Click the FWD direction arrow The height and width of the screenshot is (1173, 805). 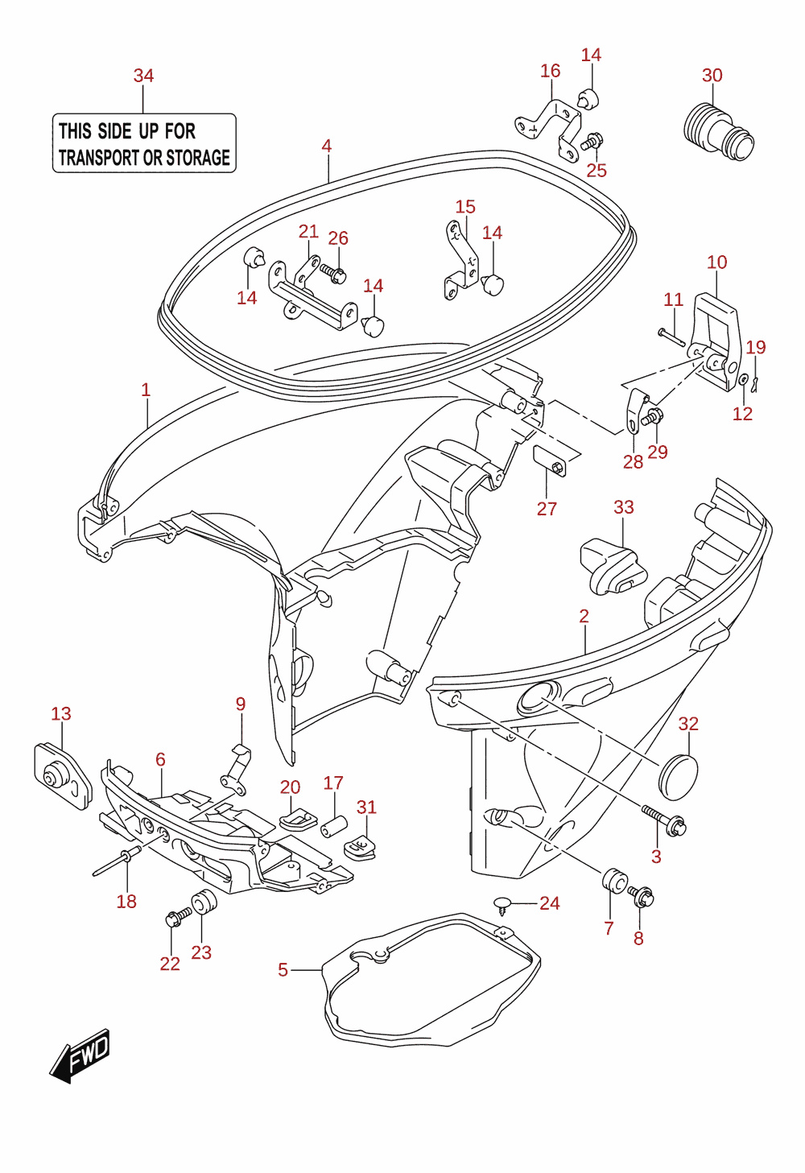tap(80, 1055)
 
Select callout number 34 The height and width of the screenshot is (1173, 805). tap(143, 76)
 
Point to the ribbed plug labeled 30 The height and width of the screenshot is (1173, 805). tap(719, 131)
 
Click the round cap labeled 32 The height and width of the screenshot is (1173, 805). tap(678, 777)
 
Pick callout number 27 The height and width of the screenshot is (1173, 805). tap(547, 509)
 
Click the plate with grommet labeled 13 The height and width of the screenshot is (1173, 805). tap(63, 777)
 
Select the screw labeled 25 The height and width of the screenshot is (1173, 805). tap(592, 141)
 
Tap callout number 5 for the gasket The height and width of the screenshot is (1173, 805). tap(283, 970)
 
